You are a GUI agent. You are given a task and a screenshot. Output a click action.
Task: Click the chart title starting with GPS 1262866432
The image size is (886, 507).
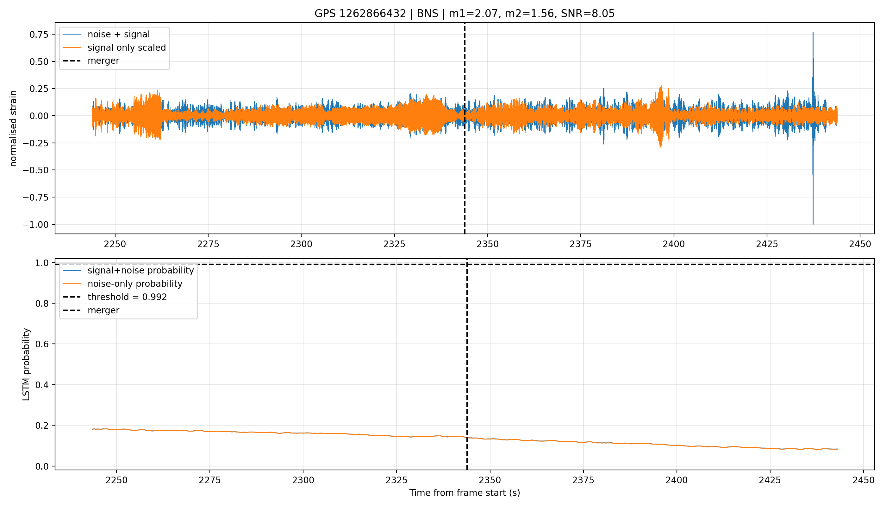click(x=465, y=14)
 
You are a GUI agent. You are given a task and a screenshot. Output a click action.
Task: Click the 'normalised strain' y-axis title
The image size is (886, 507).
click(x=13, y=128)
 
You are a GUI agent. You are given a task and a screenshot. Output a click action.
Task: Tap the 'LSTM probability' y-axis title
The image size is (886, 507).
click(x=27, y=364)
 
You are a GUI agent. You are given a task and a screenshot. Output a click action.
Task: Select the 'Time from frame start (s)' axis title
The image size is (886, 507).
click(x=465, y=493)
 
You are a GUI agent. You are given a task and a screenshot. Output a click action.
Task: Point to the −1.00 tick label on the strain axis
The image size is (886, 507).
click(x=37, y=225)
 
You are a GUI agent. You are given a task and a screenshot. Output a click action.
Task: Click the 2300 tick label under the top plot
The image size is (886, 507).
click(x=301, y=244)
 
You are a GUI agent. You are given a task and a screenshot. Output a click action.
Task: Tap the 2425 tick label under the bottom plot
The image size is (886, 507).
click(x=770, y=480)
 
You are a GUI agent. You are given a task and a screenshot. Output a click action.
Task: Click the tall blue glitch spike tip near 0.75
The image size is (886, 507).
click(x=813, y=32)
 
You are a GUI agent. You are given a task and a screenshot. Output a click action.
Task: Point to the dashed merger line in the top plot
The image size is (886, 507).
click(x=465, y=128)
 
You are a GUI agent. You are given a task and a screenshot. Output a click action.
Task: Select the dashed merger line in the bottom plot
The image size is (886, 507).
click(x=467, y=364)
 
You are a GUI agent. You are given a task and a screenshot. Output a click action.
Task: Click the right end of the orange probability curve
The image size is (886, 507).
click(x=837, y=449)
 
